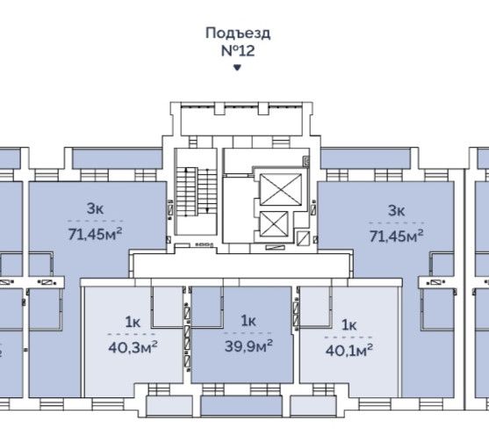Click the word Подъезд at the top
pyautogui.click(x=238, y=33)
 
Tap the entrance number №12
pyautogui.click(x=238, y=51)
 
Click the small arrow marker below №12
pyautogui.click(x=237, y=67)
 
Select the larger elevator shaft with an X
pyautogui.click(x=281, y=190)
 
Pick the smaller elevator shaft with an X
pyautogui.click(x=274, y=224)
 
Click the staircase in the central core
pyautogui.click(x=197, y=192)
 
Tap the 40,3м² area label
pyautogui.click(x=133, y=347)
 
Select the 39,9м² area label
pyautogui.click(x=248, y=345)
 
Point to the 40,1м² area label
pyautogui.click(x=349, y=351)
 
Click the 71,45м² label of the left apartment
pyautogui.click(x=95, y=234)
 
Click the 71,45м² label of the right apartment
pyautogui.click(x=396, y=236)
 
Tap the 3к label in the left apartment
pyautogui.click(x=95, y=208)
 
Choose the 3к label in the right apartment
pyautogui.click(x=396, y=211)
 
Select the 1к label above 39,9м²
pyautogui.click(x=248, y=321)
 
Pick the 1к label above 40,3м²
pyautogui.click(x=133, y=323)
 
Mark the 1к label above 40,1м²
pyautogui.click(x=349, y=325)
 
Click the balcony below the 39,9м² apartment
pyautogui.click(x=241, y=406)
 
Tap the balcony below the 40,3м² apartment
pyautogui.click(x=169, y=406)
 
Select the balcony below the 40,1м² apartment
pyautogui.click(x=313, y=406)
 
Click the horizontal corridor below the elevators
pyautogui.click(x=241, y=265)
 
